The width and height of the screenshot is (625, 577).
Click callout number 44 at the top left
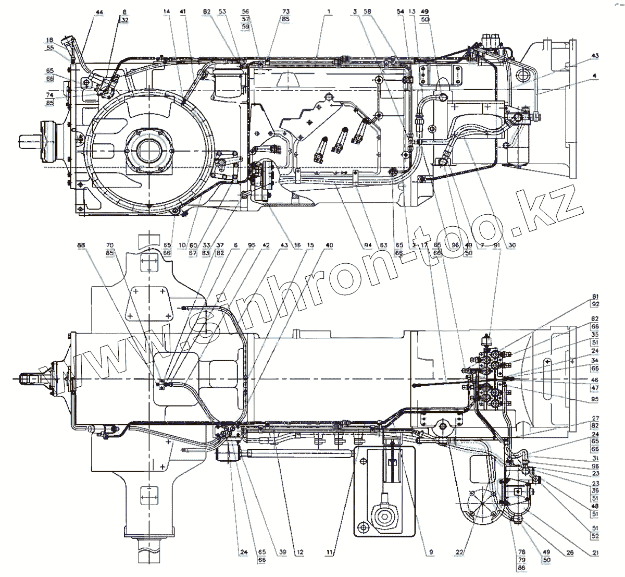click(x=99, y=11)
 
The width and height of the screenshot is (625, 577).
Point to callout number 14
click(x=166, y=11)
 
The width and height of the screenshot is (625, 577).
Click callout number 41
click(x=182, y=11)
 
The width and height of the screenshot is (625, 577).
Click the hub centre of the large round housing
click(x=149, y=150)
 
